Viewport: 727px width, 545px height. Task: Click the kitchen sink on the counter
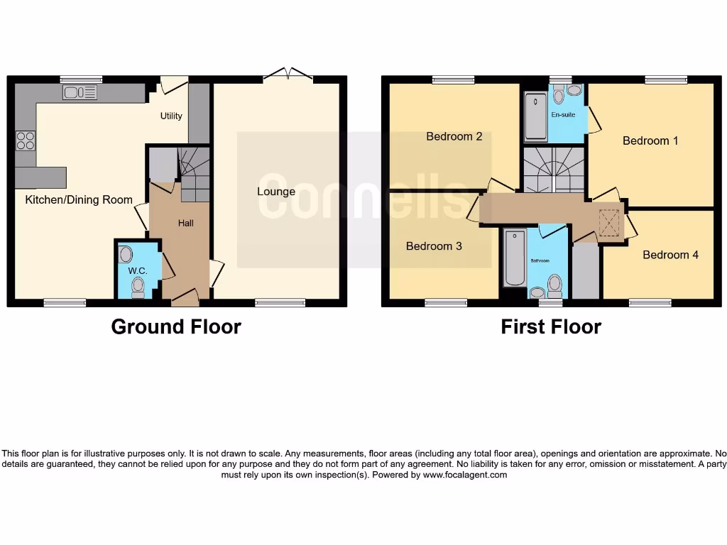point(80,92)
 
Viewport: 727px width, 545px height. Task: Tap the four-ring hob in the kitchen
point(26,141)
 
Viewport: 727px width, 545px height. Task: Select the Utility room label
point(171,116)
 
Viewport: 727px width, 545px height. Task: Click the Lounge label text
point(276,192)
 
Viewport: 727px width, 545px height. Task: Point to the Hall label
point(185,223)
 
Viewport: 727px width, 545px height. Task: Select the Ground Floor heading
point(176,326)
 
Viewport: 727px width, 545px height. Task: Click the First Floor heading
point(551,326)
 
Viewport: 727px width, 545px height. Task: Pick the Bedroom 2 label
point(454,136)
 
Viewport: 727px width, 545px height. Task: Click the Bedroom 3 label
point(434,246)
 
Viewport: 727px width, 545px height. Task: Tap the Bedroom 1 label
point(650,141)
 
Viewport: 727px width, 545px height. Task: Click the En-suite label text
point(563,114)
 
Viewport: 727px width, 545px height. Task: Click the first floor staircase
point(552,169)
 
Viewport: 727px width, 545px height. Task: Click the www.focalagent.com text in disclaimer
point(465,475)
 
